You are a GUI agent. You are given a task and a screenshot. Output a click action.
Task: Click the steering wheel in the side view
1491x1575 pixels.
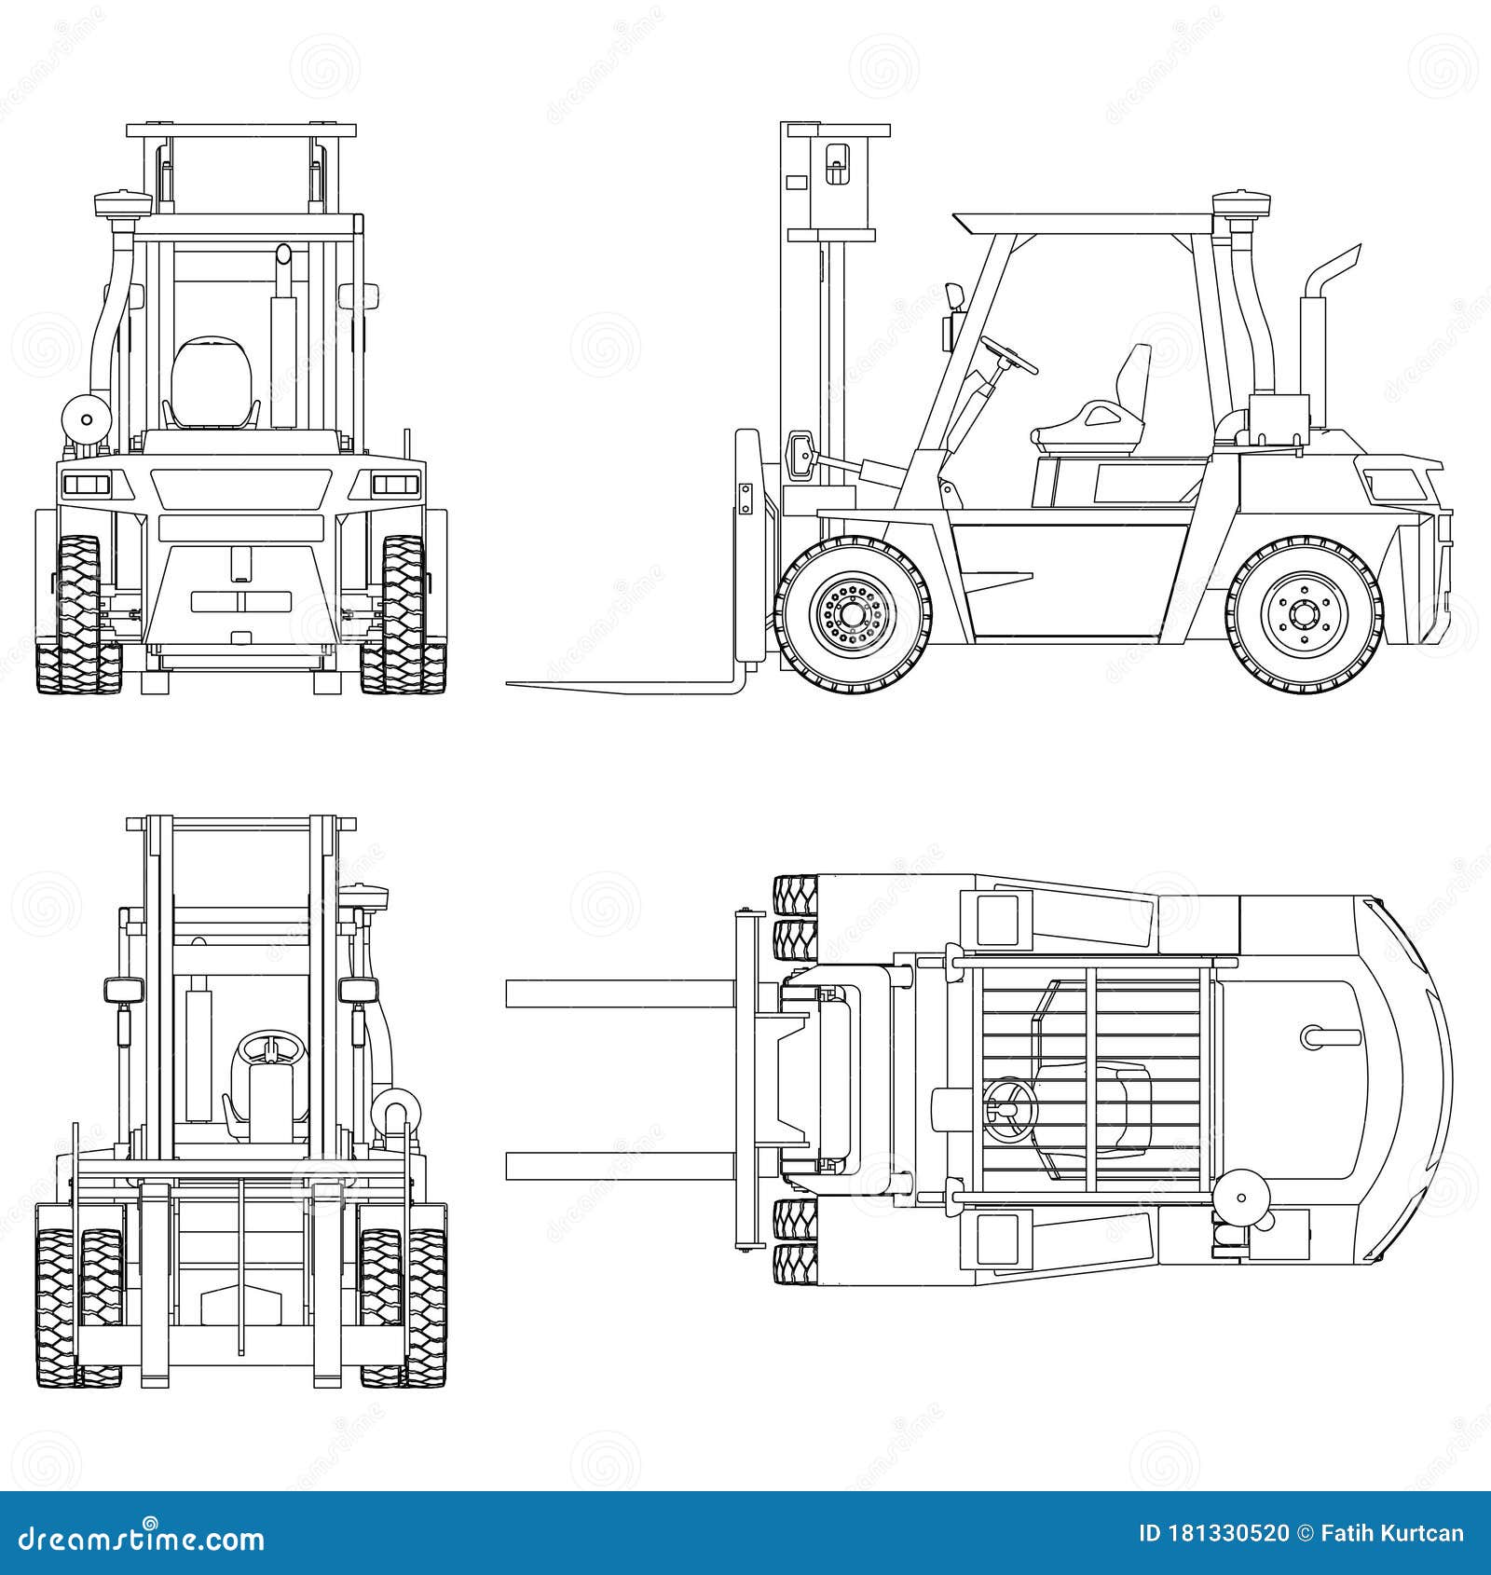[x=1008, y=355]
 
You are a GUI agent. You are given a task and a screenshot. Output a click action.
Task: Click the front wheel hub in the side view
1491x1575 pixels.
[x=854, y=615]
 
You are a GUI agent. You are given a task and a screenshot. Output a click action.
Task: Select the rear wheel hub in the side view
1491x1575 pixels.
[x=1302, y=615]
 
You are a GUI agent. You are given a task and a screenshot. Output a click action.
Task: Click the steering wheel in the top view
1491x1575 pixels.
[x=1008, y=1108]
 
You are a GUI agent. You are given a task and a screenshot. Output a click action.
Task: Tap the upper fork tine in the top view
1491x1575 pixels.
[x=620, y=993]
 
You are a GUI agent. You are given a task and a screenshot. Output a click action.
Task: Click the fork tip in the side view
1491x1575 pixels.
[x=513, y=685]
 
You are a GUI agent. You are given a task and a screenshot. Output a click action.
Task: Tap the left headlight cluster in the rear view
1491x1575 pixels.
[x=86, y=483]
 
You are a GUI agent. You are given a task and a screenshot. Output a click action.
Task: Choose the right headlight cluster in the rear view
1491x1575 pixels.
[x=396, y=483]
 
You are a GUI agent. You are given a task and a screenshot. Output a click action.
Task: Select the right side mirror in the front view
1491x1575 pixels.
[x=359, y=990]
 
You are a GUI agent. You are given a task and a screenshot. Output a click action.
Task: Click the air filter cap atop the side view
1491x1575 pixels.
[x=1240, y=203]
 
